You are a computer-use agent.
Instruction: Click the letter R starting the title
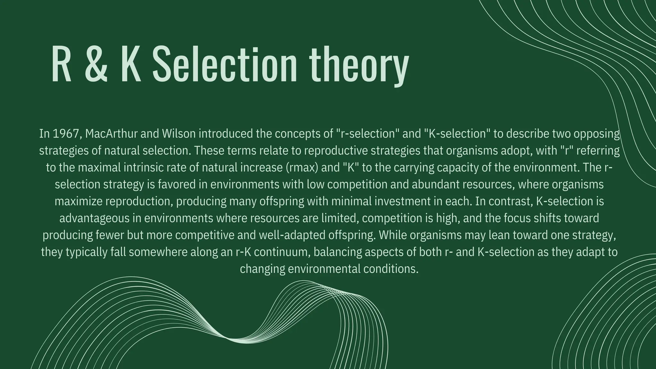coord(61,64)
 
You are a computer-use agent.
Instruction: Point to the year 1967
coord(65,134)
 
